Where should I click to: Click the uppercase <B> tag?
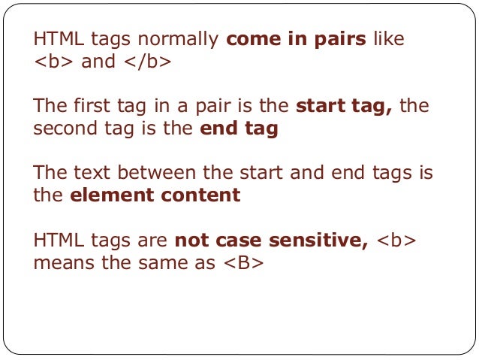click(248, 263)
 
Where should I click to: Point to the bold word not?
click(191, 241)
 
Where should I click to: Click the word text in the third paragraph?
click(90, 174)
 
